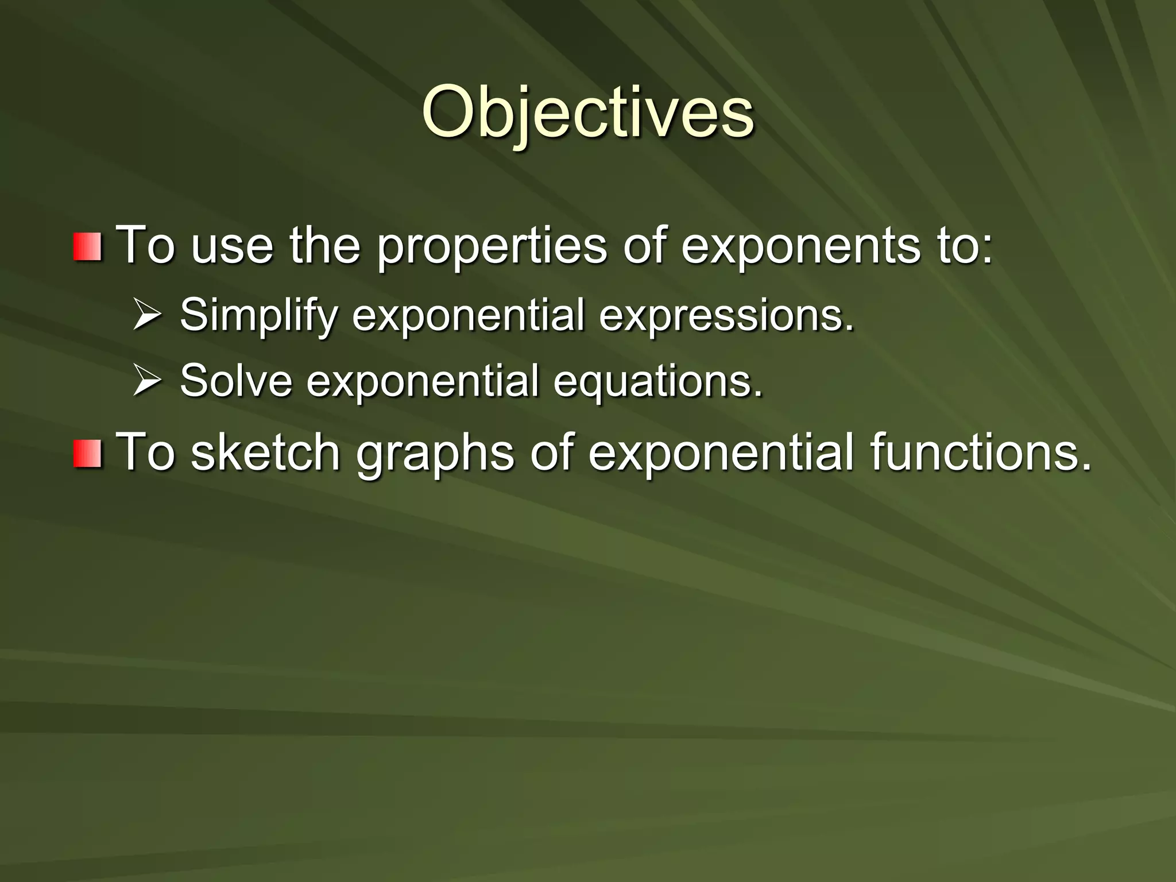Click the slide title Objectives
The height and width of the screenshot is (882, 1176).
(587, 113)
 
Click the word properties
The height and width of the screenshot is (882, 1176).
(492, 247)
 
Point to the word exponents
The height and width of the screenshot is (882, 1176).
(800, 247)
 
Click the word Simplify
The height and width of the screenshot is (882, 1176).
(258, 315)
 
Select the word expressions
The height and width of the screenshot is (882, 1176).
(727, 315)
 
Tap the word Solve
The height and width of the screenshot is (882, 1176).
(236, 381)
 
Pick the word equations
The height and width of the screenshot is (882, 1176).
(658, 381)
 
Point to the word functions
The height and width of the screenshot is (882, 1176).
(980, 452)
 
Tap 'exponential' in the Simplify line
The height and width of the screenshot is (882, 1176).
(469, 315)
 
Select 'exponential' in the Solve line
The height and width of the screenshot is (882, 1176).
(423, 381)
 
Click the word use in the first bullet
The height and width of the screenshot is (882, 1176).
(232, 247)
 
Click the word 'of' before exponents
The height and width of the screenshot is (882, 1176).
(644, 247)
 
